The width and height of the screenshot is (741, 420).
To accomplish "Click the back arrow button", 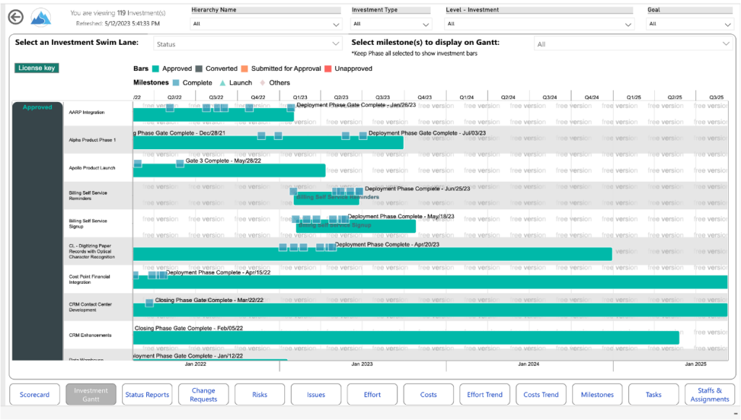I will point(16,17).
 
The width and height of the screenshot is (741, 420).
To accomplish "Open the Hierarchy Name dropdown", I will point(266,24).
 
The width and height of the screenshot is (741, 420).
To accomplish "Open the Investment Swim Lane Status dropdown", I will point(247,44).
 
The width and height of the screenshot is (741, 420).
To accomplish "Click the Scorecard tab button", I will point(35,395).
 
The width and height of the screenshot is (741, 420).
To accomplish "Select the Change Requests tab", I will point(203,395).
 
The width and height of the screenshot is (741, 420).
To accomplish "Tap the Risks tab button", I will point(260,395).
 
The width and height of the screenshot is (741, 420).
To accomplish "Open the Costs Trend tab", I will point(541,395).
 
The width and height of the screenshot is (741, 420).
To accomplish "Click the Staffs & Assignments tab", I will point(710,395).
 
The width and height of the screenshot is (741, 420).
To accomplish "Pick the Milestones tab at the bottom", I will point(597,395).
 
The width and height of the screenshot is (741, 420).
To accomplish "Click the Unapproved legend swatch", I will point(328,69).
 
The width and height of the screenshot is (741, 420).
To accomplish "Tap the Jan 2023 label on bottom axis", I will point(362,364).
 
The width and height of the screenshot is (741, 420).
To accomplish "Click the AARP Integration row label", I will point(87,112).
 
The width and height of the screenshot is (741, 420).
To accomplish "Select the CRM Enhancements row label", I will point(90,335).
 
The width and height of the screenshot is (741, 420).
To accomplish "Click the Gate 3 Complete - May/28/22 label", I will point(223,161).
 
